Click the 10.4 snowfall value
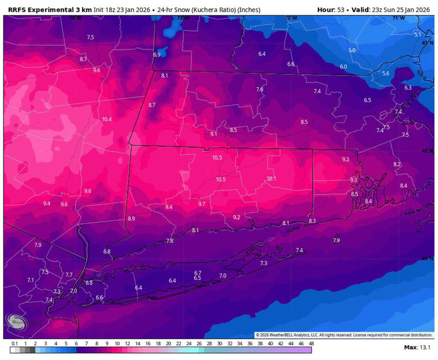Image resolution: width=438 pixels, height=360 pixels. click(107, 119)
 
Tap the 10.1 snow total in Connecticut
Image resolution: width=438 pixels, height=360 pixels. click(271, 179)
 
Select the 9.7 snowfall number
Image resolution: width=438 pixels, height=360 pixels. click(201, 204)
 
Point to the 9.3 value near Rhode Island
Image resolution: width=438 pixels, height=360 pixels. click(354, 180)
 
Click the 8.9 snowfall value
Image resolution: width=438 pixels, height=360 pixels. click(131, 219)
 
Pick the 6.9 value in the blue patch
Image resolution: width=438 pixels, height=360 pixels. click(157, 55)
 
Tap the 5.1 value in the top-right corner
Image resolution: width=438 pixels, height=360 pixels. click(417, 35)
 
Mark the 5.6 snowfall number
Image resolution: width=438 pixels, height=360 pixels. click(386, 74)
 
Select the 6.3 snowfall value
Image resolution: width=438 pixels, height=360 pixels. click(408, 88)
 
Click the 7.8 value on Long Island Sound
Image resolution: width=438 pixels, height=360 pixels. click(169, 241)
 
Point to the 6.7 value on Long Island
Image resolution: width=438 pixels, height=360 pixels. click(198, 273)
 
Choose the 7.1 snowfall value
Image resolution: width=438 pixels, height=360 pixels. click(31, 280)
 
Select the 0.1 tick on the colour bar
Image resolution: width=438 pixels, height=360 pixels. click(14, 343)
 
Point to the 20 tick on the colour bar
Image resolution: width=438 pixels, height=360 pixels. click(168, 343)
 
